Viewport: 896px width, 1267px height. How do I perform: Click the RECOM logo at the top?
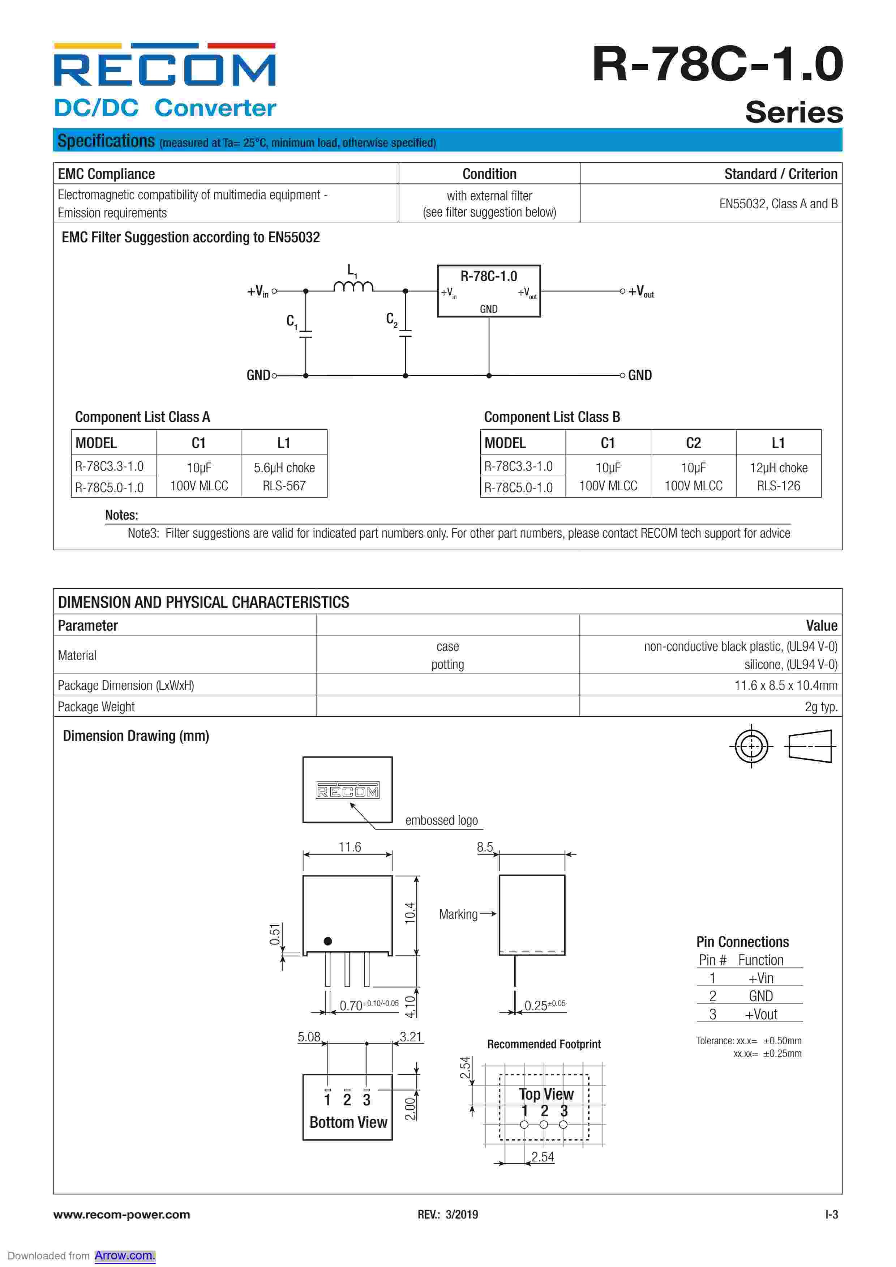point(164,65)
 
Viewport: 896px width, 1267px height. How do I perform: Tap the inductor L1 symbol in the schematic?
point(353,286)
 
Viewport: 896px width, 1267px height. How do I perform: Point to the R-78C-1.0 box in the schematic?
point(488,291)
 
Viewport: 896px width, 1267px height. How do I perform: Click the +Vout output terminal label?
point(641,291)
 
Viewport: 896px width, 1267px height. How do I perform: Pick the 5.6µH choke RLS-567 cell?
point(284,476)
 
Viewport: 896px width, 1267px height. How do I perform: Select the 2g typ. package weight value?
point(821,706)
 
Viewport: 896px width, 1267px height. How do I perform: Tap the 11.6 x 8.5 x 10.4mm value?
point(786,685)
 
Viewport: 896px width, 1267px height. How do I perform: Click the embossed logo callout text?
point(441,820)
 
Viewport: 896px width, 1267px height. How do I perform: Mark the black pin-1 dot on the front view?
point(328,941)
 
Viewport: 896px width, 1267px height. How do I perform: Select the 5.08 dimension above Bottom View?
point(309,1037)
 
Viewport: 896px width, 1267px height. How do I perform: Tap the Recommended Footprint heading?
point(544,1044)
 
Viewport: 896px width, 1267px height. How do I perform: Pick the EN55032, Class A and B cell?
point(778,204)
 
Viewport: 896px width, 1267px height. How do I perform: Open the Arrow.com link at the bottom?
point(125,1255)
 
